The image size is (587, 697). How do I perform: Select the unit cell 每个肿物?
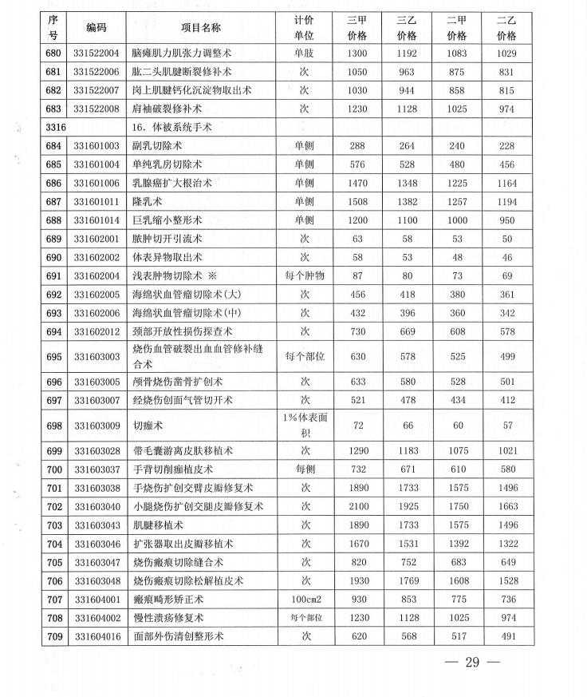click(x=304, y=275)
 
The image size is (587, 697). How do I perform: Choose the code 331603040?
click(x=97, y=507)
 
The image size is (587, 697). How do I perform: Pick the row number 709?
click(x=54, y=636)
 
